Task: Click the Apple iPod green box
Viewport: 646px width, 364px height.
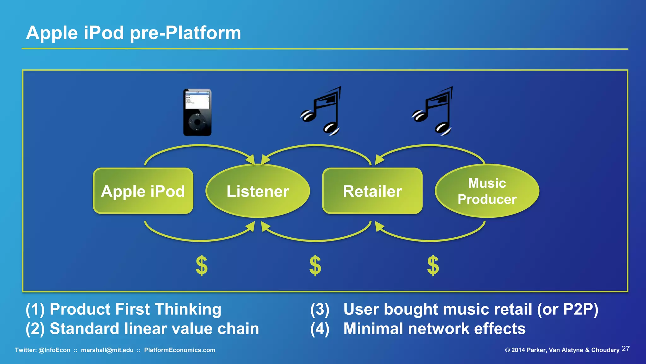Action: (x=143, y=191)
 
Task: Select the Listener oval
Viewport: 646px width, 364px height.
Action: (x=258, y=191)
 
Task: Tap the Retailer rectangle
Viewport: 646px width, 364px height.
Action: (x=372, y=191)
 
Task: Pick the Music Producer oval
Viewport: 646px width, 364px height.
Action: (x=487, y=191)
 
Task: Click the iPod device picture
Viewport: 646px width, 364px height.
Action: (x=197, y=112)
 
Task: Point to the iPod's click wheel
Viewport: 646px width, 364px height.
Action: (x=197, y=122)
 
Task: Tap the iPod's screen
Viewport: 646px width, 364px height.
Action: (x=197, y=100)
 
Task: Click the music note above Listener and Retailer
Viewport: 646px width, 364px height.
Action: (x=322, y=111)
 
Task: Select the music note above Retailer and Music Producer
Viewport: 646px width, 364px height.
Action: (x=434, y=111)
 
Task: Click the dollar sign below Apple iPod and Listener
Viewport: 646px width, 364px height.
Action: (x=202, y=266)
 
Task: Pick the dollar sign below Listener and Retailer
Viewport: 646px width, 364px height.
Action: (x=315, y=266)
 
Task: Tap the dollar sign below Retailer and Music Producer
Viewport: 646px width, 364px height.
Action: (x=433, y=266)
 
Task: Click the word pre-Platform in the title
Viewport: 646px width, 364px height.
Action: (x=185, y=33)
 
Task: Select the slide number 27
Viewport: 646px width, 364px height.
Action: (x=625, y=349)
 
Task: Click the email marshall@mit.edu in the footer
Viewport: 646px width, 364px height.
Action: (x=107, y=350)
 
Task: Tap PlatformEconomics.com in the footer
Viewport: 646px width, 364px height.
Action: (x=180, y=350)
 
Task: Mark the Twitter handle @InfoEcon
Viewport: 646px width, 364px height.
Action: (x=54, y=350)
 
